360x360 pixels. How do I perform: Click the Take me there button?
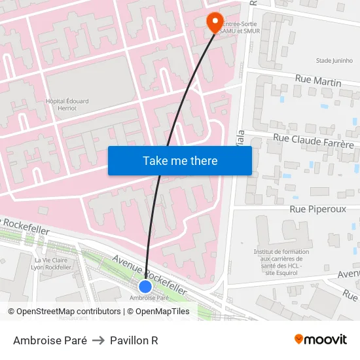click(180, 161)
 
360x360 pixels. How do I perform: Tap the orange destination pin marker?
click(215, 22)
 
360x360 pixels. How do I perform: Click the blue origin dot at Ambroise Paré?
click(145, 286)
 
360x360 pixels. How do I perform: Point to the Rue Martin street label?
click(318, 81)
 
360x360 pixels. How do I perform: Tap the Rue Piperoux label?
click(317, 209)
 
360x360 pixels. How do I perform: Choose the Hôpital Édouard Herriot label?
click(67, 105)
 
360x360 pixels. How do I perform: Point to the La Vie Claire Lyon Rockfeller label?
click(52, 264)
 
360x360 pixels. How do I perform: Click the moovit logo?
click(321, 340)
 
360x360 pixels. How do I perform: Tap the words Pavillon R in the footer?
click(134, 340)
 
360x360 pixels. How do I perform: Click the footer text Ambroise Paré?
click(50, 340)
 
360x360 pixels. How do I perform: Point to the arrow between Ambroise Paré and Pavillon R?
click(98, 340)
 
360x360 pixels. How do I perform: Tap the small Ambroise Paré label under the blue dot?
click(145, 298)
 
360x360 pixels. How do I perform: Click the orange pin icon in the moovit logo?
click(299, 339)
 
